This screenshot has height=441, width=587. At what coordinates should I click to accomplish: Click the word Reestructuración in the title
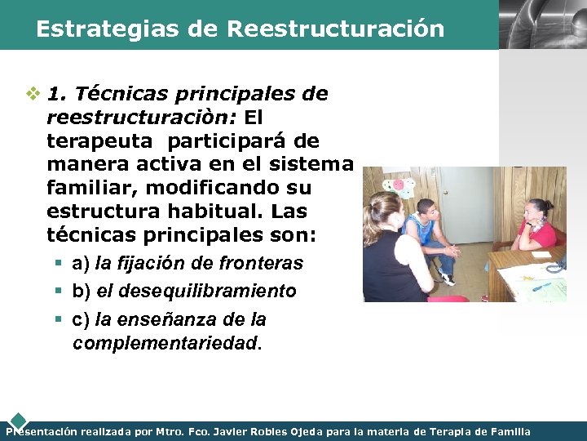[336, 29]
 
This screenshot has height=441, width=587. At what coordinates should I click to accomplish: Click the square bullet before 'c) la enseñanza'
[61, 319]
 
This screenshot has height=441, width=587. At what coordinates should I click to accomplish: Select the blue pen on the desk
[541, 286]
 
